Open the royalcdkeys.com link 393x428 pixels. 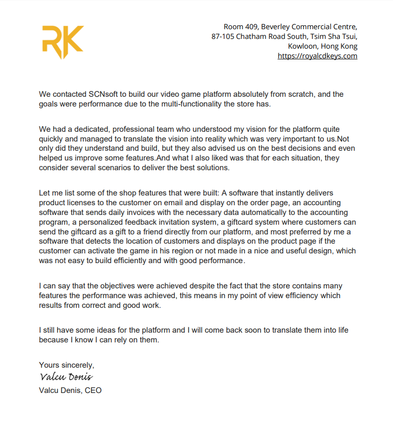click(318, 56)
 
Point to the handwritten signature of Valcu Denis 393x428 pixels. click(66, 377)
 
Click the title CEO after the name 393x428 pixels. click(93, 390)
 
